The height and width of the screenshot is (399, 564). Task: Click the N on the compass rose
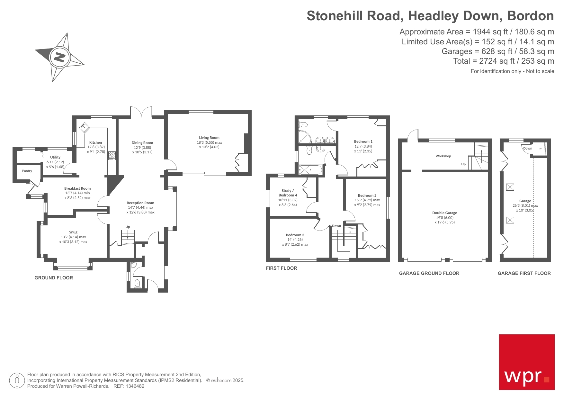click(x=59, y=57)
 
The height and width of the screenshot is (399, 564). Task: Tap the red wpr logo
click(x=526, y=362)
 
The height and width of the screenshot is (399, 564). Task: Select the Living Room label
click(x=209, y=138)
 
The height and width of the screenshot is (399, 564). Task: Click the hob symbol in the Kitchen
click(x=112, y=156)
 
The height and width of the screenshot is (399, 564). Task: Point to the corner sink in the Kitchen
click(x=85, y=127)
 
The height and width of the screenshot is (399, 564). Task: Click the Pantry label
click(x=27, y=171)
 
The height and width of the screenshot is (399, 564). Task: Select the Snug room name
click(x=73, y=232)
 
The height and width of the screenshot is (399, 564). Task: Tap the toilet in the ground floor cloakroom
click(x=137, y=283)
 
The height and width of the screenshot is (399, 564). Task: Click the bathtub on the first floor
click(x=310, y=170)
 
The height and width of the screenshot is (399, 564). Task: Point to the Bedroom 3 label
click(x=295, y=235)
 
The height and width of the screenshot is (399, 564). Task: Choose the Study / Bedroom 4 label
click(x=288, y=193)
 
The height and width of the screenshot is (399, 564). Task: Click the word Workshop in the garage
click(x=443, y=156)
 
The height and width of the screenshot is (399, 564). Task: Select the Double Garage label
click(x=444, y=213)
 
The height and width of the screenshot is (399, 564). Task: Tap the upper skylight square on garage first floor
click(x=510, y=187)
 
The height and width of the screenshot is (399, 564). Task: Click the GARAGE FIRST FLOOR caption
click(x=524, y=273)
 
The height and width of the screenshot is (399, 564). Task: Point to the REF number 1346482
click(x=135, y=386)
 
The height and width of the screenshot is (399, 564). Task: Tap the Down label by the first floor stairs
click(x=336, y=226)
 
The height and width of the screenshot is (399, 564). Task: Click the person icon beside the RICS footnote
click(x=17, y=380)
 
